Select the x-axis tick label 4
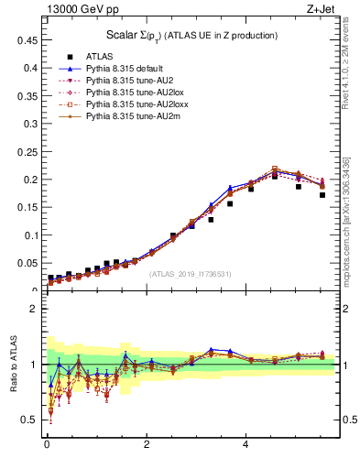pyautogui.click(x=245, y=446)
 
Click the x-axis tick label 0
pyautogui.click(x=47, y=446)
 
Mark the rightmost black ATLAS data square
pyautogui.click(x=322, y=195)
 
